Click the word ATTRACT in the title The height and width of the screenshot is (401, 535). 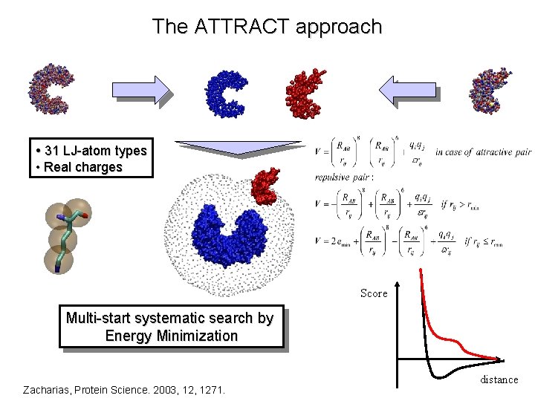tap(241, 27)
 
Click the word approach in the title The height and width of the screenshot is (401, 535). tap(338, 27)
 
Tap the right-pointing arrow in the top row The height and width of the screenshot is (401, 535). tap(141, 89)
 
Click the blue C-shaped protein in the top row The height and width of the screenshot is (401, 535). tap(227, 93)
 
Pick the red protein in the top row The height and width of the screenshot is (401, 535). tap(306, 92)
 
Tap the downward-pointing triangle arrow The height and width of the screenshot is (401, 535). tap(238, 148)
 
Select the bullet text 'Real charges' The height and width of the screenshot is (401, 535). tap(82, 167)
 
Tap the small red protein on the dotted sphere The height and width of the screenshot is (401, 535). tap(264, 186)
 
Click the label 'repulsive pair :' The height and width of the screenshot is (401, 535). tap(346, 178)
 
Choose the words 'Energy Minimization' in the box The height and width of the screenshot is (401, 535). tap(172, 336)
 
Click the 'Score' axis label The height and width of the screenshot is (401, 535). tap(374, 293)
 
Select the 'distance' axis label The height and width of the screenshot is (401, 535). tap(499, 379)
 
